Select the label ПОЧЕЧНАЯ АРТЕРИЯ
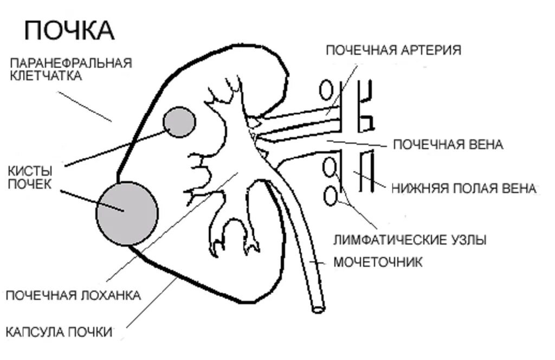click(x=393, y=50)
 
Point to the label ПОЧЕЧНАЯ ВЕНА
click(x=448, y=145)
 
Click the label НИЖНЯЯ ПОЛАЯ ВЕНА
click(x=463, y=189)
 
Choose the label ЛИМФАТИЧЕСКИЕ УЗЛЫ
click(x=410, y=239)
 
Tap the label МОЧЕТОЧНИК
click(x=377, y=263)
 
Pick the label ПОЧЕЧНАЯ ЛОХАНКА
click(x=73, y=295)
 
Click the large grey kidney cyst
click(x=127, y=212)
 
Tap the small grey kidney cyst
click(x=179, y=122)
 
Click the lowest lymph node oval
click(x=330, y=195)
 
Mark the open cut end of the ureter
click(x=318, y=309)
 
